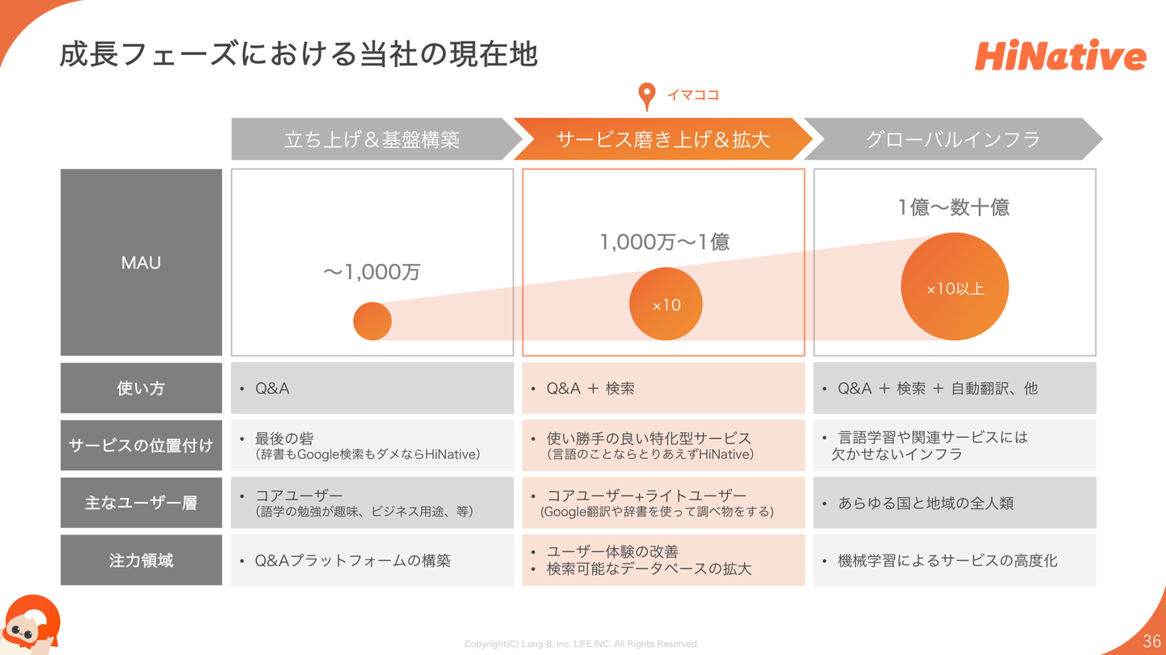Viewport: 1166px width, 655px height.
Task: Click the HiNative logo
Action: (1060, 56)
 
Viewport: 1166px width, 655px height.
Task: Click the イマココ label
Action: (692, 95)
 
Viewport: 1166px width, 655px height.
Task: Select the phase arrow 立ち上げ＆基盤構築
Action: (372, 139)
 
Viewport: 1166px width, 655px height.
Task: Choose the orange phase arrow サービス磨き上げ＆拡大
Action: (662, 139)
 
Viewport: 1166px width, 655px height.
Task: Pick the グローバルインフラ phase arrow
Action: (952, 139)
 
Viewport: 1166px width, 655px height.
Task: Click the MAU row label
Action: (141, 262)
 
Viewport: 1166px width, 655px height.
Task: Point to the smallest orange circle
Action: (372, 321)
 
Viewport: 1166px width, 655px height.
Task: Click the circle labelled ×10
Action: (666, 304)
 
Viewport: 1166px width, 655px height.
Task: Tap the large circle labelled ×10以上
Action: (955, 287)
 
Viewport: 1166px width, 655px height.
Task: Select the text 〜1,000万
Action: (372, 272)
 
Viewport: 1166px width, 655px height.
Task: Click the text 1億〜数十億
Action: (953, 207)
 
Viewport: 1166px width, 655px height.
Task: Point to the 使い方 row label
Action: (141, 389)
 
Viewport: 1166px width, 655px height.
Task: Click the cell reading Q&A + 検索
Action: (663, 389)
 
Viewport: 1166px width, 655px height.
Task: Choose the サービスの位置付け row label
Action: (141, 445)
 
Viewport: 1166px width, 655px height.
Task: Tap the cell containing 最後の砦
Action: (372, 445)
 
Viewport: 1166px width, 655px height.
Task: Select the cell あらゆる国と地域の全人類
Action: (954, 503)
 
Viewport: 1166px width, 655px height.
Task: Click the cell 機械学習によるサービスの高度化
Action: (954, 560)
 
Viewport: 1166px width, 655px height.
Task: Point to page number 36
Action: (1151, 641)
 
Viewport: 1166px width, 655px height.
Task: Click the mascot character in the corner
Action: (31, 625)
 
